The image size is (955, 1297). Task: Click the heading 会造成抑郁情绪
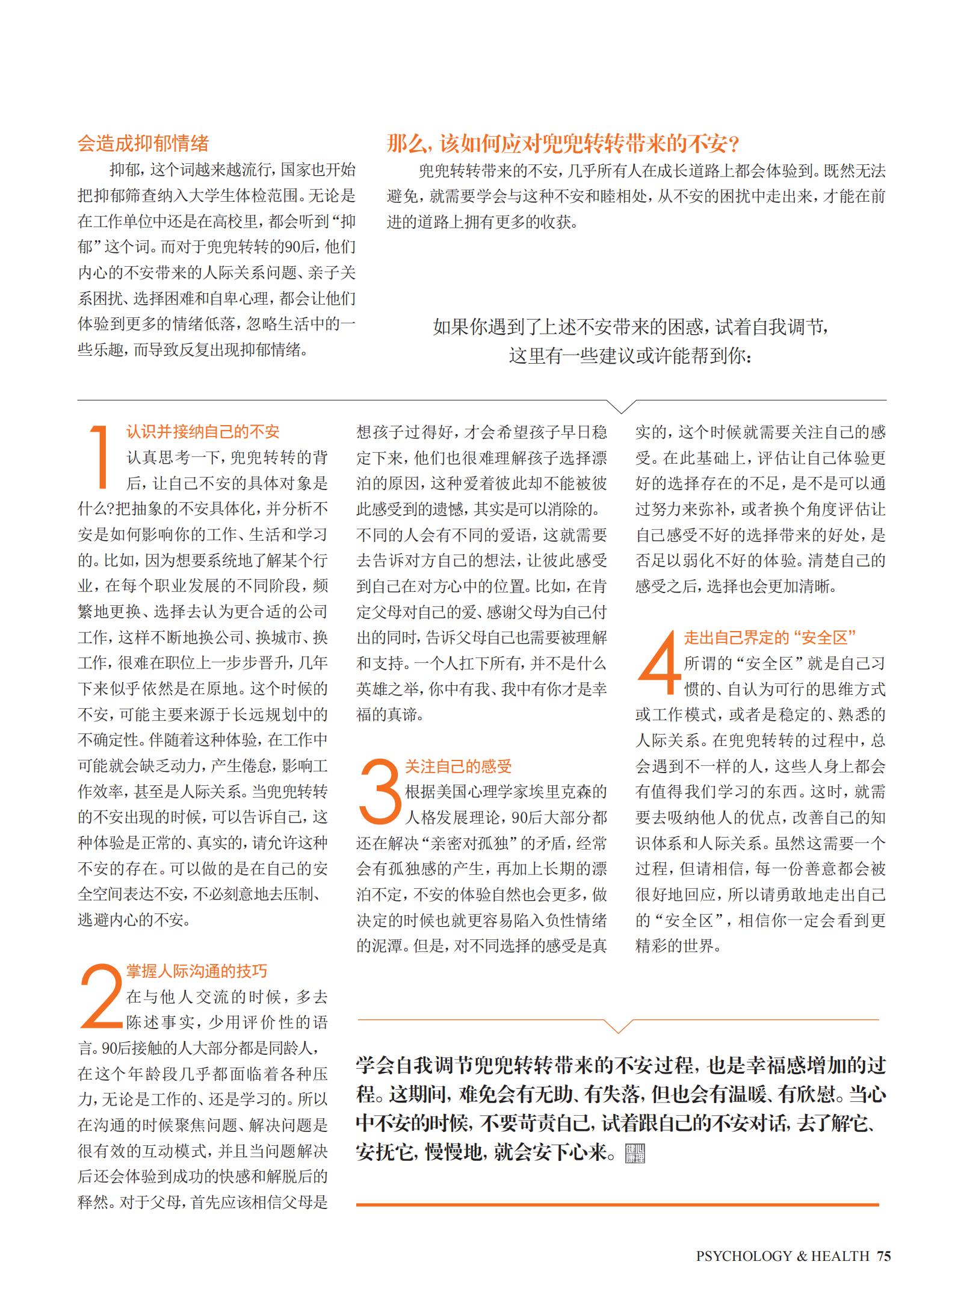tap(143, 143)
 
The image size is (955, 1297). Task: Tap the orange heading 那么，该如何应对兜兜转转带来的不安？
tap(563, 144)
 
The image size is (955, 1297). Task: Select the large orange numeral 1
tap(100, 456)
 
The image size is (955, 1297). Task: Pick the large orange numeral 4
tap(658, 662)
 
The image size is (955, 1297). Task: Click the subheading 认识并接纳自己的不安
tap(203, 432)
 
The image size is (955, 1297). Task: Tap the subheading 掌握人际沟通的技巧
tap(196, 971)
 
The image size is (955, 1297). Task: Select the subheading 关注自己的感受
tap(458, 766)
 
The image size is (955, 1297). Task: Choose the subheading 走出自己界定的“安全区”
tap(770, 637)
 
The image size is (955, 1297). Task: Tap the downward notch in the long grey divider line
tap(619, 406)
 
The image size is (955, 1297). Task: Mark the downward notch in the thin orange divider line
tap(618, 1025)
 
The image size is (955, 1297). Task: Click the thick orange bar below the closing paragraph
tap(617, 1204)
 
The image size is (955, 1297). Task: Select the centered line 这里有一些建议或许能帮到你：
tap(630, 356)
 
